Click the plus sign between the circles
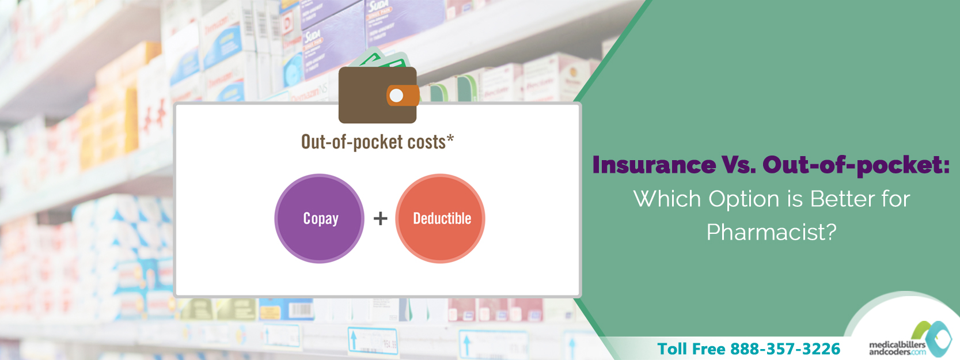point(380,218)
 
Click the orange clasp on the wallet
point(402,96)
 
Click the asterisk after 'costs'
point(450,138)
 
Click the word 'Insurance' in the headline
point(654,165)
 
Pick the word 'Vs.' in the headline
point(738,165)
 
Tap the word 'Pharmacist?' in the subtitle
point(771,232)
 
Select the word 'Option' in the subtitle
point(743,199)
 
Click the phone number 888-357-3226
point(785,348)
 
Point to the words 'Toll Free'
point(691,348)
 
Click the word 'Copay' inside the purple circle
point(321,219)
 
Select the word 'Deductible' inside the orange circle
point(442,218)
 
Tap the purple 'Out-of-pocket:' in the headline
point(856,165)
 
